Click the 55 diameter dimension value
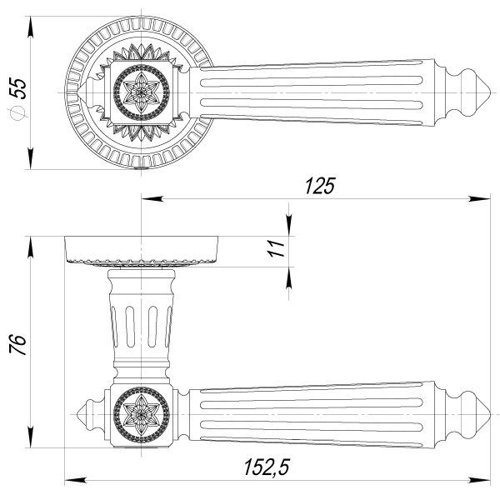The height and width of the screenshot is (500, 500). click(x=18, y=88)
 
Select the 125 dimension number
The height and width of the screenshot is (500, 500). click(x=320, y=186)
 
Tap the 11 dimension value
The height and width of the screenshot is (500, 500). click(x=276, y=248)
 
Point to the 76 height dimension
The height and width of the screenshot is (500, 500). click(x=17, y=344)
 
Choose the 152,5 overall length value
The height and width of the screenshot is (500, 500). click(x=267, y=467)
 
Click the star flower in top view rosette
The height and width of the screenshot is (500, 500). click(x=142, y=92)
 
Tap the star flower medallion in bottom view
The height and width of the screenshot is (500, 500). click(x=142, y=414)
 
